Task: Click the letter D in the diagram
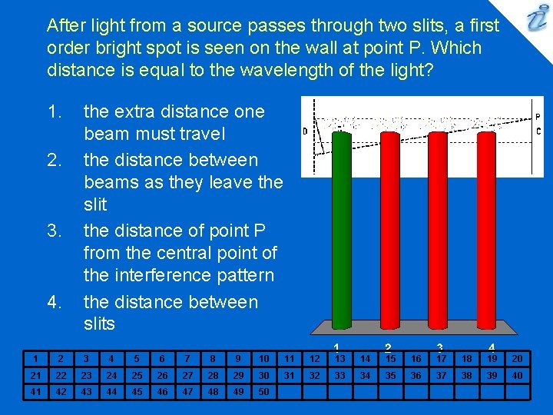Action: click(305, 131)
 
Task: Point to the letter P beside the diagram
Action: click(538, 118)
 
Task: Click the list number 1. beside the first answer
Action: click(54, 112)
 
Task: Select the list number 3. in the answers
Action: click(54, 231)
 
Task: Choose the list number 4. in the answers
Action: click(54, 302)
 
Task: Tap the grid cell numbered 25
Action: click(136, 375)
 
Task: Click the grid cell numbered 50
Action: click(263, 391)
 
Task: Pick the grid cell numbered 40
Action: click(517, 375)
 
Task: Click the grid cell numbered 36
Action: click(416, 375)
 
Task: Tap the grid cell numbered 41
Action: click(35, 391)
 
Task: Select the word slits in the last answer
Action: click(99, 324)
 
